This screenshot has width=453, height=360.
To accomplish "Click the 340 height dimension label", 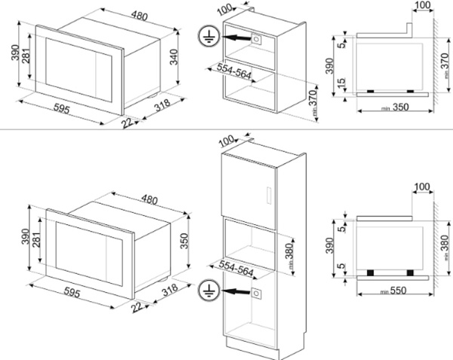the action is [174, 57].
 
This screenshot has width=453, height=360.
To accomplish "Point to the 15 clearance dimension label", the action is [341, 82].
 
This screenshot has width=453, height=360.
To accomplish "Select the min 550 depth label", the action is [393, 291].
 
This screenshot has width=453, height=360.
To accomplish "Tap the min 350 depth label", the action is [395, 107].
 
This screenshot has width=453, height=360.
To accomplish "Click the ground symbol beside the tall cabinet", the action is [209, 290].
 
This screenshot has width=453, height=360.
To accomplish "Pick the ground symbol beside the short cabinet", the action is [209, 36].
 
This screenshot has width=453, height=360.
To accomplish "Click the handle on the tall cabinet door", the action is [269, 195].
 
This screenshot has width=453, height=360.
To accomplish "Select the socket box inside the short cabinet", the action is [256, 38].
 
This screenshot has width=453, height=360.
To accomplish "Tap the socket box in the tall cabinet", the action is [256, 294].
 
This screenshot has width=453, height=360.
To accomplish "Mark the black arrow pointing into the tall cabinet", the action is [236, 291].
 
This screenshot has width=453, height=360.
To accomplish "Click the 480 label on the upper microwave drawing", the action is [139, 16].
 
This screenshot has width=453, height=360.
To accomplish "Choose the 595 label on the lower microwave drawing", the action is [72, 293].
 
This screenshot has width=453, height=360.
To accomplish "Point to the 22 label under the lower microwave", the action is [137, 307].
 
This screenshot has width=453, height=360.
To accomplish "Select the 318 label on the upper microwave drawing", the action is [162, 105].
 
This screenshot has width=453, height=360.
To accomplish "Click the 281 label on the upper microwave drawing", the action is [26, 55].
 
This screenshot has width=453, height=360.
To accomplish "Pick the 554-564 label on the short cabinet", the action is [234, 71].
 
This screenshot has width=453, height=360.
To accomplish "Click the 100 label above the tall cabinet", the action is [226, 141].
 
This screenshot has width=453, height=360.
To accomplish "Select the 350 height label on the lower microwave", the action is [184, 241].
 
